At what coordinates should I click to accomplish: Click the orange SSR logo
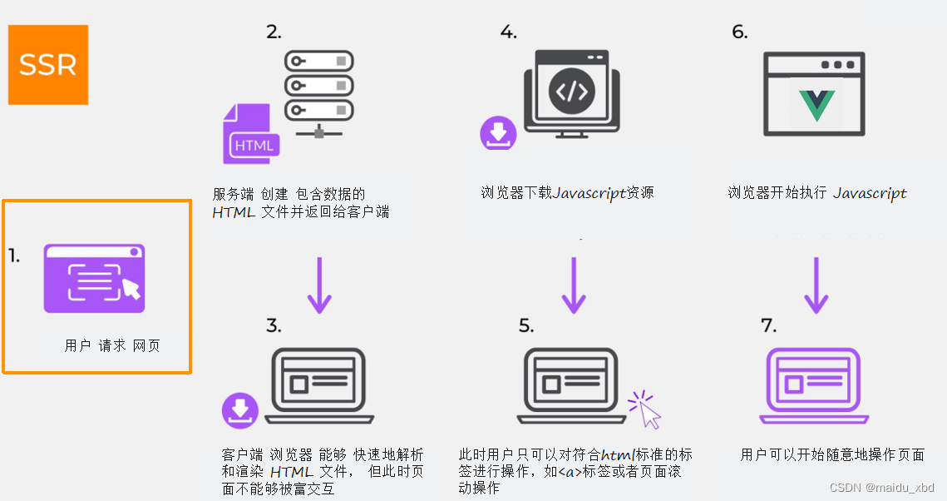(x=48, y=65)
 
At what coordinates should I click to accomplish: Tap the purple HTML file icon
(x=249, y=135)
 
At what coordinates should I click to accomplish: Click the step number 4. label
(x=508, y=32)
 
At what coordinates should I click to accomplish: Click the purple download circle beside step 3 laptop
(x=240, y=409)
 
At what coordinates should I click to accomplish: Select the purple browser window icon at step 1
(x=94, y=279)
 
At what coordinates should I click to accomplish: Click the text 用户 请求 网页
(x=112, y=345)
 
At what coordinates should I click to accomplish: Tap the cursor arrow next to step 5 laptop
(x=646, y=410)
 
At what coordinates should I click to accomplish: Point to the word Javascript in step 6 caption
(x=870, y=193)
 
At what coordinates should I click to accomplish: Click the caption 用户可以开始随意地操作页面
(x=832, y=454)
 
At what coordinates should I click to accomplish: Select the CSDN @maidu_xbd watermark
(x=882, y=488)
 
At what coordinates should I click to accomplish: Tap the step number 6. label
(x=739, y=32)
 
